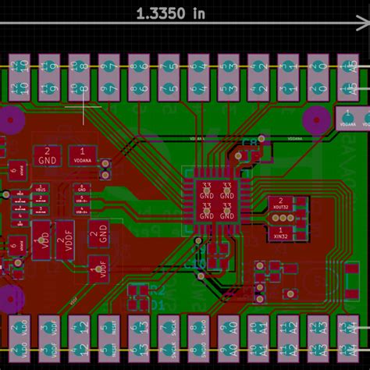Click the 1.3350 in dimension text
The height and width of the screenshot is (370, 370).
point(171,13)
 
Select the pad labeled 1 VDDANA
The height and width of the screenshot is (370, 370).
point(81,155)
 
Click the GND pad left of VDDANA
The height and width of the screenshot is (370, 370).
point(47,155)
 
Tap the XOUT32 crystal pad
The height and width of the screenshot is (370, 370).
point(279,205)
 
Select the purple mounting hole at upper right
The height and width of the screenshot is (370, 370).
point(316,119)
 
